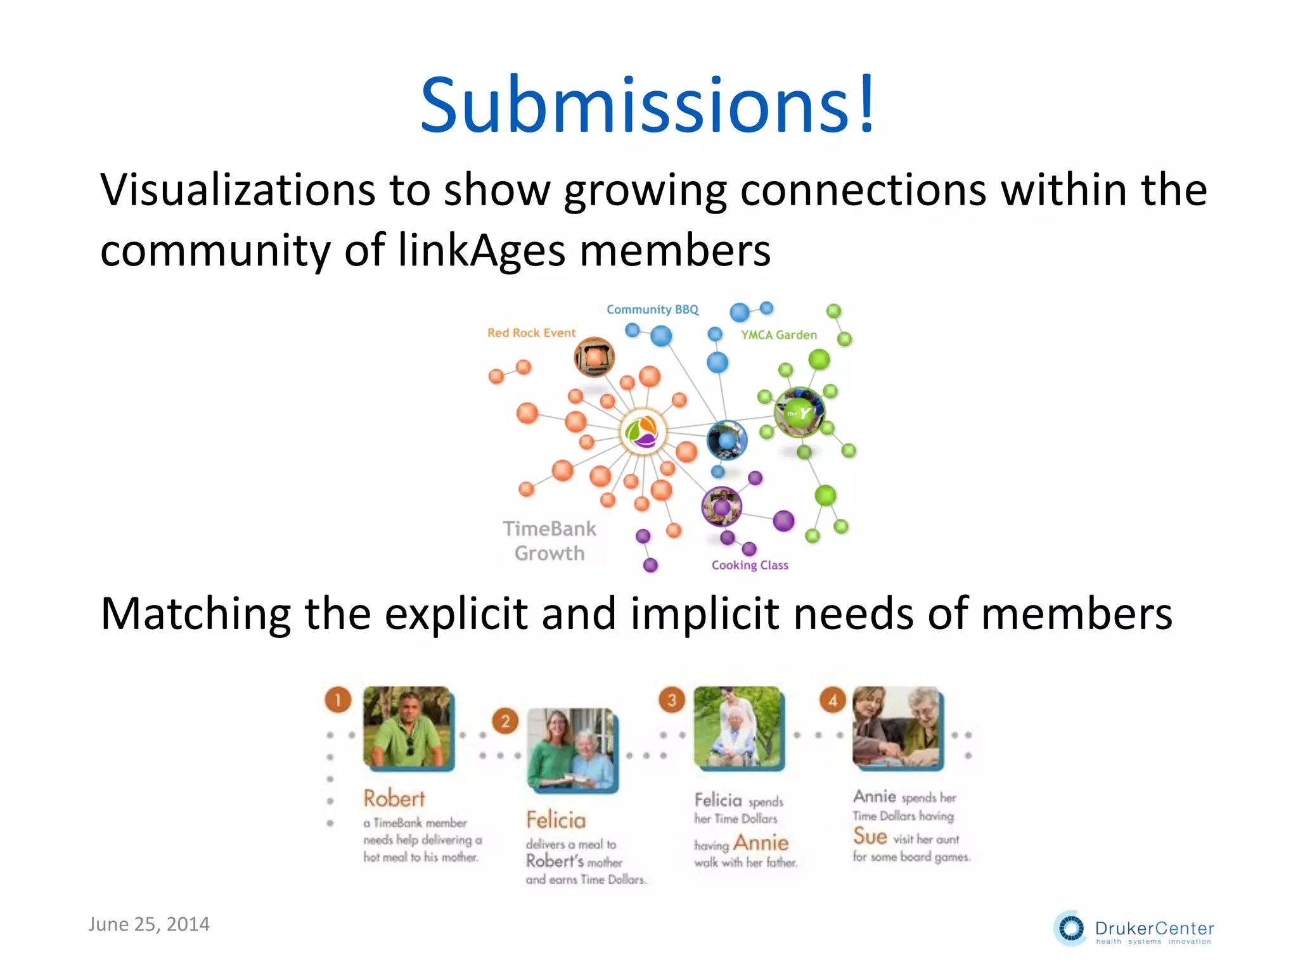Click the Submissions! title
pyautogui.click(x=648, y=105)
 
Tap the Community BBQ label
pyautogui.click(x=652, y=310)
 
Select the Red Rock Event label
pyautogui.click(x=531, y=333)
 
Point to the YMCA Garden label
pyautogui.click(x=779, y=335)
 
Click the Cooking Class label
pyautogui.click(x=750, y=565)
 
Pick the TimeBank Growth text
pyautogui.click(x=549, y=541)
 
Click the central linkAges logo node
pyautogui.click(x=643, y=431)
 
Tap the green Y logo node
pyautogui.click(x=799, y=413)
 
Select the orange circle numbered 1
pyautogui.click(x=338, y=700)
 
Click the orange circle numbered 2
pyautogui.click(x=505, y=722)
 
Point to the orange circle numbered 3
pyautogui.click(x=672, y=700)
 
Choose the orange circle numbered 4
pyautogui.click(x=833, y=700)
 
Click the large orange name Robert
pyautogui.click(x=394, y=799)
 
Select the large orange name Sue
pyautogui.click(x=870, y=837)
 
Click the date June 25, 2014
pyautogui.click(x=149, y=924)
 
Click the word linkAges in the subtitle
pyautogui.click(x=481, y=250)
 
